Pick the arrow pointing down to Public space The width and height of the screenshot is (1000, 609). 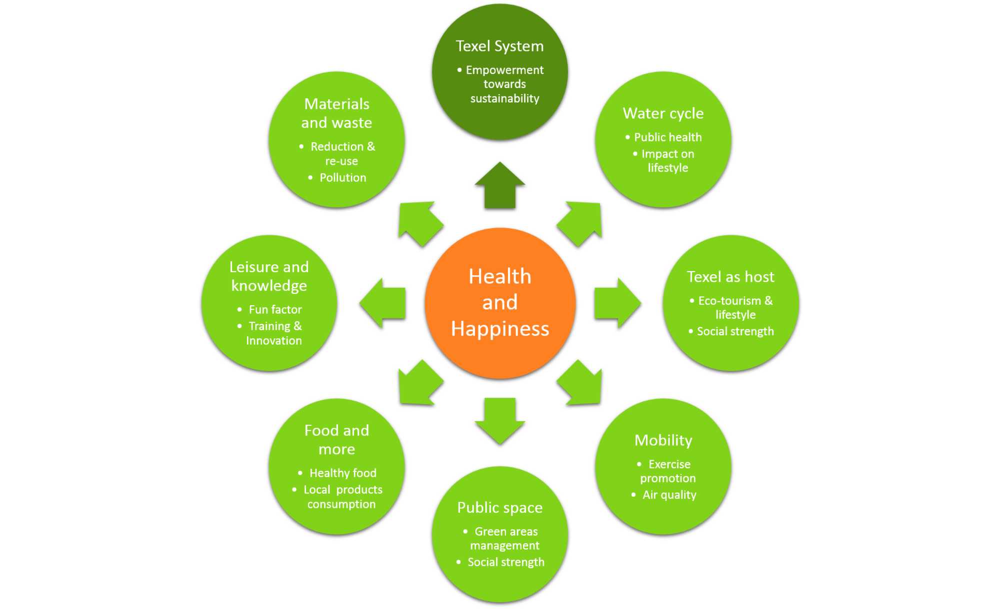tap(500, 419)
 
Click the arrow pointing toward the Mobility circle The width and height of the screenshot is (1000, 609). tap(581, 383)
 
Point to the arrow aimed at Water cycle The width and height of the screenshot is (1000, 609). tap(581, 222)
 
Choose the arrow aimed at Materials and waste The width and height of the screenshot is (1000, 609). tap(419, 222)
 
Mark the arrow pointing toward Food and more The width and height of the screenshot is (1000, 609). tap(419, 383)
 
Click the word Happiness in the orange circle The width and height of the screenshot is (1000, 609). tap(500, 329)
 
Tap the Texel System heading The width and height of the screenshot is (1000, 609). tap(499, 46)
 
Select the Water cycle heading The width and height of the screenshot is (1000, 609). tap(663, 114)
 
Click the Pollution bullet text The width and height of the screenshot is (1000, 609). tap(343, 178)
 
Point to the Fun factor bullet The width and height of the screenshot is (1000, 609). tap(275, 310)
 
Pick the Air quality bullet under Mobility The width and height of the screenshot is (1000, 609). tap(669, 495)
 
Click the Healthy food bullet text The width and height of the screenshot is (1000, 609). tap(343, 473)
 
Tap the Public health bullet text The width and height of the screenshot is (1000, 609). tap(667, 137)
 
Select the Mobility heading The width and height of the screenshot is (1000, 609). tap(663, 440)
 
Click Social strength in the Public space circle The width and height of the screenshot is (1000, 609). tap(505, 562)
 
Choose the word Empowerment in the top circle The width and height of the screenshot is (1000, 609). tap(504, 70)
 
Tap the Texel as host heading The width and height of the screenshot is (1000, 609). tap(730, 277)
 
